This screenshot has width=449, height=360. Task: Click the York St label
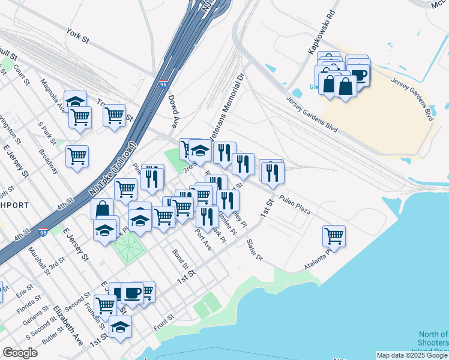coord(77,35)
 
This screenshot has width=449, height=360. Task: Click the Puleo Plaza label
coord(295,205)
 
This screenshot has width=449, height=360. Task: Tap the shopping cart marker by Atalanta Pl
coord(333,235)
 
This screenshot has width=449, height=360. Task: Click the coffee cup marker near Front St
coord(132,293)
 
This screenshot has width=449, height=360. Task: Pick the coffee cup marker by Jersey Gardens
coord(358,74)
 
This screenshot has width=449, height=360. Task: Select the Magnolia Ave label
coord(52,95)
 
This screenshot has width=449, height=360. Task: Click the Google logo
coord(20,352)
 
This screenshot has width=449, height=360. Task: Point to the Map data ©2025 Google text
coord(412,355)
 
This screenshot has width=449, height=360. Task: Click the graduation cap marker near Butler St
coord(120,328)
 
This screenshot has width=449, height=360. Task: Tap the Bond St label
coord(180,259)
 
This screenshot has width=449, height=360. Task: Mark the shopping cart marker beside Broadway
coord(77,157)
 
